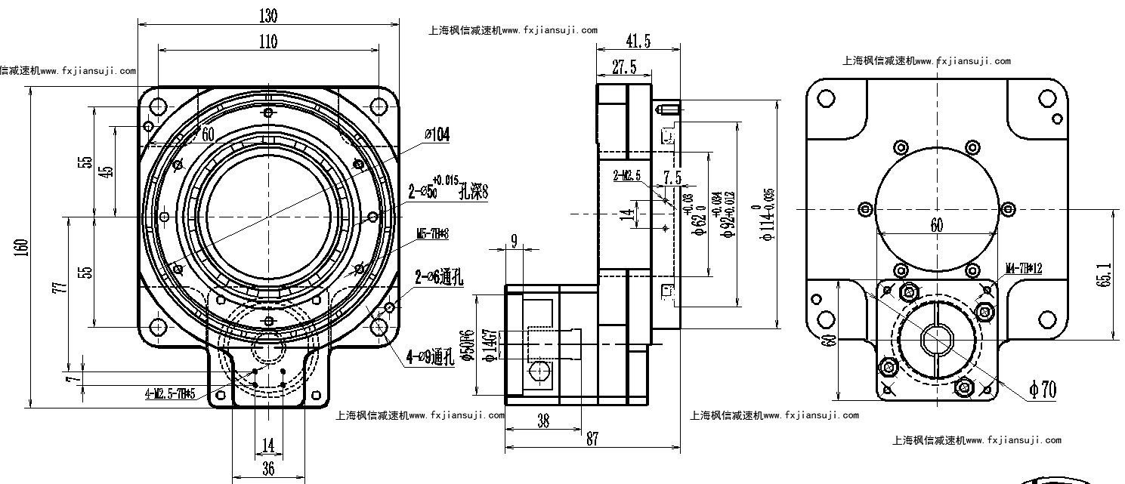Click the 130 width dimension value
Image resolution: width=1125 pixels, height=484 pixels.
[x=268, y=15]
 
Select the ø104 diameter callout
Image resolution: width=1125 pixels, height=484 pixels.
[x=437, y=134]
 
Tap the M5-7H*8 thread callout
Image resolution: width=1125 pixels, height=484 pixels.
[x=433, y=234]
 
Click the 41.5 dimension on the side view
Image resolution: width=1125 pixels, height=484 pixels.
[x=638, y=41]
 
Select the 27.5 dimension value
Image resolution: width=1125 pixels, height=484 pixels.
[x=623, y=68]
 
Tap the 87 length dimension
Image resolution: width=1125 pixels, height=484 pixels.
[x=592, y=439]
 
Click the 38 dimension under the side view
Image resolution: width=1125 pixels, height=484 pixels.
[x=542, y=422]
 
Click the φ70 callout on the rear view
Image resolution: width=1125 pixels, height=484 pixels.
[x=1043, y=389]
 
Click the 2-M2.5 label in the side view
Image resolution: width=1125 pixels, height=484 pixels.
[x=627, y=176]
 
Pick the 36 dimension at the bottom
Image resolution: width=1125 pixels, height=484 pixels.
[x=268, y=469]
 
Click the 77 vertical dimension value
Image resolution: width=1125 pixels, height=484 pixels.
[x=63, y=287]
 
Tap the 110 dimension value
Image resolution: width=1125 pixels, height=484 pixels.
[x=268, y=42]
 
